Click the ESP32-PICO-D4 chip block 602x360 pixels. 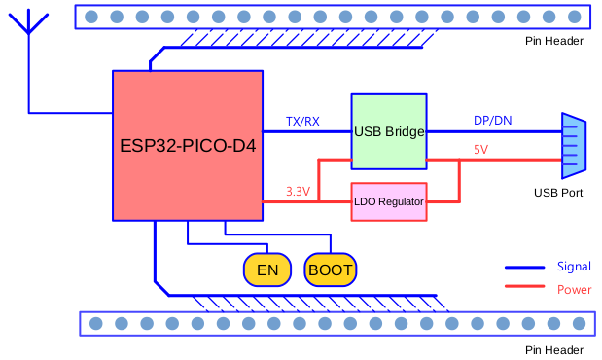(x=188, y=146)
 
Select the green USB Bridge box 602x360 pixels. (x=389, y=132)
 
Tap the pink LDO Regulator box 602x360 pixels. (x=389, y=202)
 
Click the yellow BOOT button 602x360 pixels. (x=331, y=270)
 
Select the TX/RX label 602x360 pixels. (x=302, y=122)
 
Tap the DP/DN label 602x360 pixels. (x=493, y=121)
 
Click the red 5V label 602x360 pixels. (x=480, y=150)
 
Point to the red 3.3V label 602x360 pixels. (x=298, y=192)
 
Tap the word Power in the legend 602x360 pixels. (x=574, y=290)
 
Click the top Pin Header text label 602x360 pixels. (x=553, y=41)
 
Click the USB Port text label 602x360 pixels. (x=558, y=193)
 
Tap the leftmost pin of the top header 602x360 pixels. (x=91, y=17)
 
